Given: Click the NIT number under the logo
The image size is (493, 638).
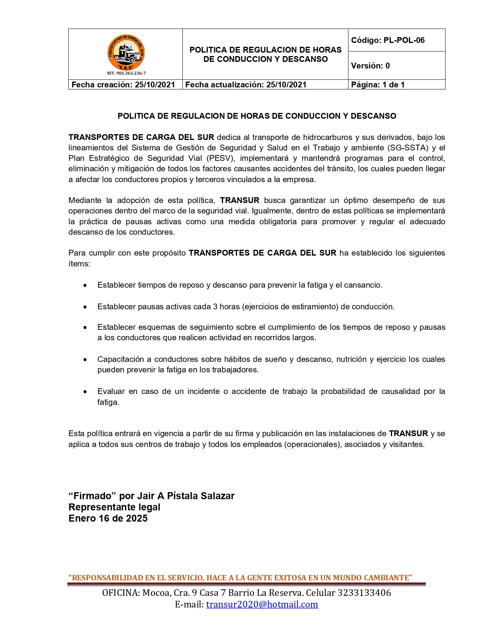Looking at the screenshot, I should point(126,73).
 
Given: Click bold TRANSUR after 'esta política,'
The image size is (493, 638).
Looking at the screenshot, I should point(240,200).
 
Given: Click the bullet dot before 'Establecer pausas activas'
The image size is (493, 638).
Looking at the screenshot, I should point(85,307).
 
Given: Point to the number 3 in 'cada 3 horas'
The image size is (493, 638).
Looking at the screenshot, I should point(215,307).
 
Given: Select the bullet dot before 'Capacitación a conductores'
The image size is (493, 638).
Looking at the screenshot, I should point(85,360).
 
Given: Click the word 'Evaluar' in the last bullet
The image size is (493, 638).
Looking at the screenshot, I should point(111,391).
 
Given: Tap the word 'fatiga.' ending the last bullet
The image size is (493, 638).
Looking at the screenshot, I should point(108,402).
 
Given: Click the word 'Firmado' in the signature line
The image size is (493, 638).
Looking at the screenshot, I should point(92,496).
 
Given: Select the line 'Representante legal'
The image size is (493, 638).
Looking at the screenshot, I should point(114,507).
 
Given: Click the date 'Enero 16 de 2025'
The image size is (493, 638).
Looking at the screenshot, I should point(108,519).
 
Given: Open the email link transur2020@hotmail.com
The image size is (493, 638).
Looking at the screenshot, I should point(262,604).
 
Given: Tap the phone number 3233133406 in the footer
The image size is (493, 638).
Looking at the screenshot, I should point(364,593).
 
